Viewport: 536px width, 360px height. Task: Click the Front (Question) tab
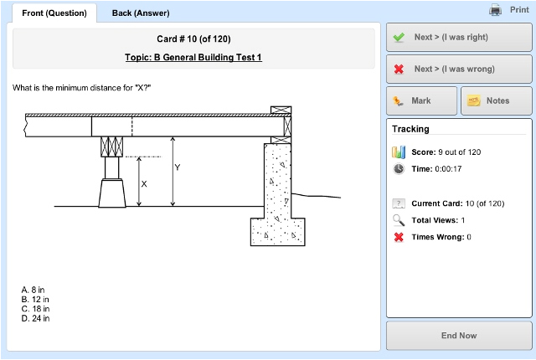pos(52,13)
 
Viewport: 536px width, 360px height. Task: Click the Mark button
pos(421,100)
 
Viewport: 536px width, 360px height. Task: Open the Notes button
pos(497,100)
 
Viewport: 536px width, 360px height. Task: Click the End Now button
pos(458,336)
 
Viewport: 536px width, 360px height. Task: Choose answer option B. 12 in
pos(35,300)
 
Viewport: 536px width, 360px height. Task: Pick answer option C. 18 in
pos(35,309)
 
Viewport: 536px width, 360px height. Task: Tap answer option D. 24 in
pos(35,318)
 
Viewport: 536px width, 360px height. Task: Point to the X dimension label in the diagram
pos(144,183)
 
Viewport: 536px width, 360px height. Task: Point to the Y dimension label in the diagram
pos(177,167)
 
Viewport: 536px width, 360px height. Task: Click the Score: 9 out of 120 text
pos(446,152)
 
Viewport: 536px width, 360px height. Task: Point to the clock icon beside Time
pos(399,168)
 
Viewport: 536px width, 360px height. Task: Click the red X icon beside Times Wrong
pos(399,237)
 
